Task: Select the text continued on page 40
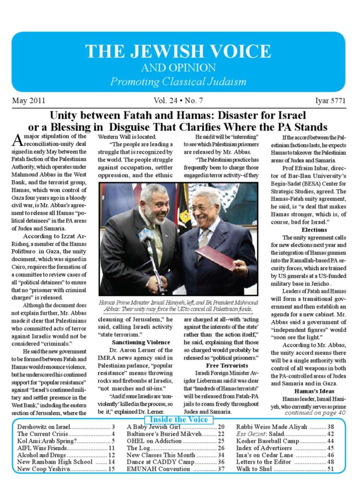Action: click(x=315, y=412)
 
